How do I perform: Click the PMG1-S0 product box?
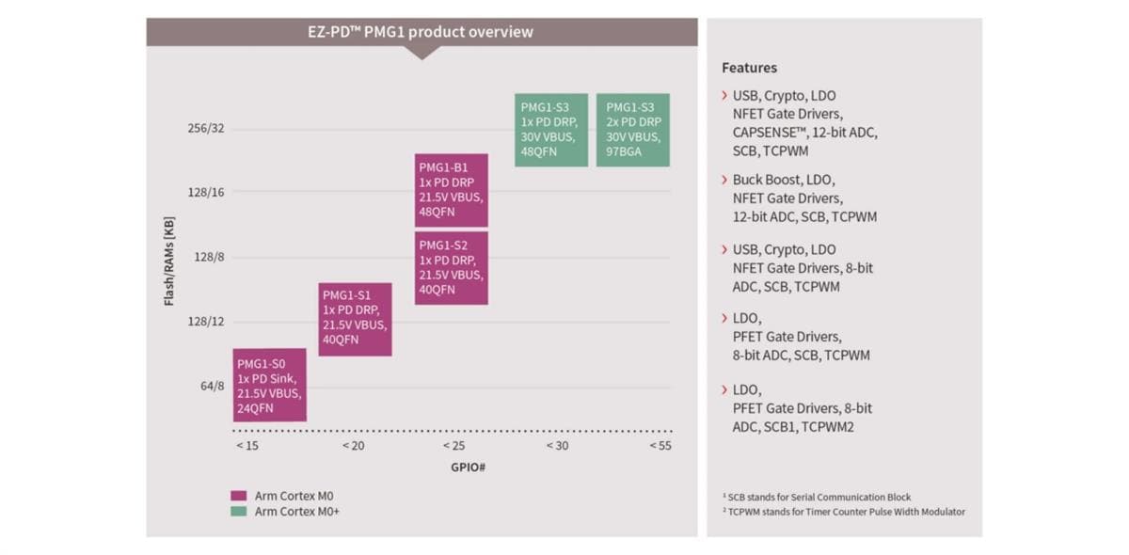pyautogui.click(x=269, y=385)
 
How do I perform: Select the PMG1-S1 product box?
pyautogui.click(x=355, y=319)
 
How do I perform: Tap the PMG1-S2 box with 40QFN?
pyautogui.click(x=451, y=268)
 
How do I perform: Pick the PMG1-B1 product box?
pyautogui.click(x=451, y=190)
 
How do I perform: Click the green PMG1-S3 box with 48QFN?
pyautogui.click(x=551, y=130)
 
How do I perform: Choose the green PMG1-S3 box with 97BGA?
pyautogui.click(x=632, y=130)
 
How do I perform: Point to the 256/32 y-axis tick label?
pyautogui.click(x=206, y=129)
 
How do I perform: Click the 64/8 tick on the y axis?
pyautogui.click(x=213, y=386)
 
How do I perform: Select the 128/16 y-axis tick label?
pyautogui.click(x=206, y=192)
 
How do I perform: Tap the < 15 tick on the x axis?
pyautogui.click(x=246, y=445)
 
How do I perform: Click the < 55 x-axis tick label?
pyautogui.click(x=660, y=445)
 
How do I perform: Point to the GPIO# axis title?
pyautogui.click(x=453, y=468)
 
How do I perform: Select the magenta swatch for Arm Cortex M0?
pyautogui.click(x=238, y=496)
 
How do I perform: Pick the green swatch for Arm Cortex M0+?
pyautogui.click(x=238, y=512)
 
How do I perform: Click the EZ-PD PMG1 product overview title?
pyautogui.click(x=421, y=32)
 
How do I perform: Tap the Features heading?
pyautogui.click(x=749, y=68)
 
